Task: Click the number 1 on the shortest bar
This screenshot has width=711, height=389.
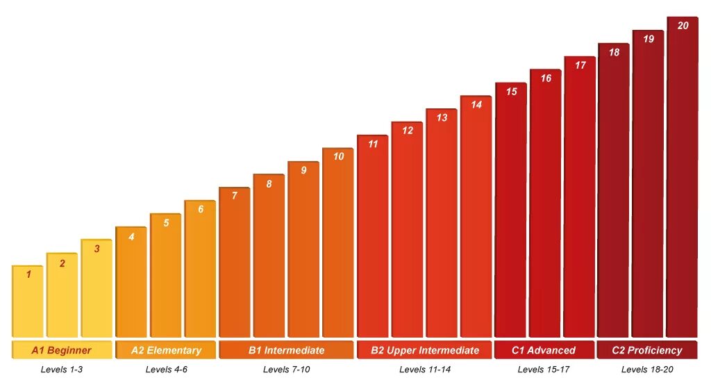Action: (x=28, y=274)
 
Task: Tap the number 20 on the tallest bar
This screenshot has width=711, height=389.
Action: (x=683, y=26)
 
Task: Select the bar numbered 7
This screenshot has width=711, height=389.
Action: (x=234, y=264)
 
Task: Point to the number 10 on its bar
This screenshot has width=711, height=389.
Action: (x=338, y=156)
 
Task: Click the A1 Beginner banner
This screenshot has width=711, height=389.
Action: (x=61, y=350)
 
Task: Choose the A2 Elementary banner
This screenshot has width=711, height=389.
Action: (x=166, y=350)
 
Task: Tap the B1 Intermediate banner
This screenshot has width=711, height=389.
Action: (x=286, y=350)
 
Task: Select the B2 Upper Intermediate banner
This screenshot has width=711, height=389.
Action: (x=424, y=350)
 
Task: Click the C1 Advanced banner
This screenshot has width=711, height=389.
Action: (x=544, y=350)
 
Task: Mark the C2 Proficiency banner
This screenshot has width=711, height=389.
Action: (x=646, y=350)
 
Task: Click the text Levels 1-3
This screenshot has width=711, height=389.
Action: (x=62, y=370)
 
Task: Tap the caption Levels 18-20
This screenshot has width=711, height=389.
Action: (x=647, y=370)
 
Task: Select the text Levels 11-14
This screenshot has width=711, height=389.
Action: (x=424, y=370)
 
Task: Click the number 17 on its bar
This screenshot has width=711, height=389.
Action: (x=580, y=65)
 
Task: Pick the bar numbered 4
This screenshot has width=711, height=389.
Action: (x=131, y=285)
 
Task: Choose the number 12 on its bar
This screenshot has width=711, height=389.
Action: (x=408, y=131)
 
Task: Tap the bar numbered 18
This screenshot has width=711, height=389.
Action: (x=614, y=194)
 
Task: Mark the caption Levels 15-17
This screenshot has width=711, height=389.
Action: (x=544, y=370)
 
